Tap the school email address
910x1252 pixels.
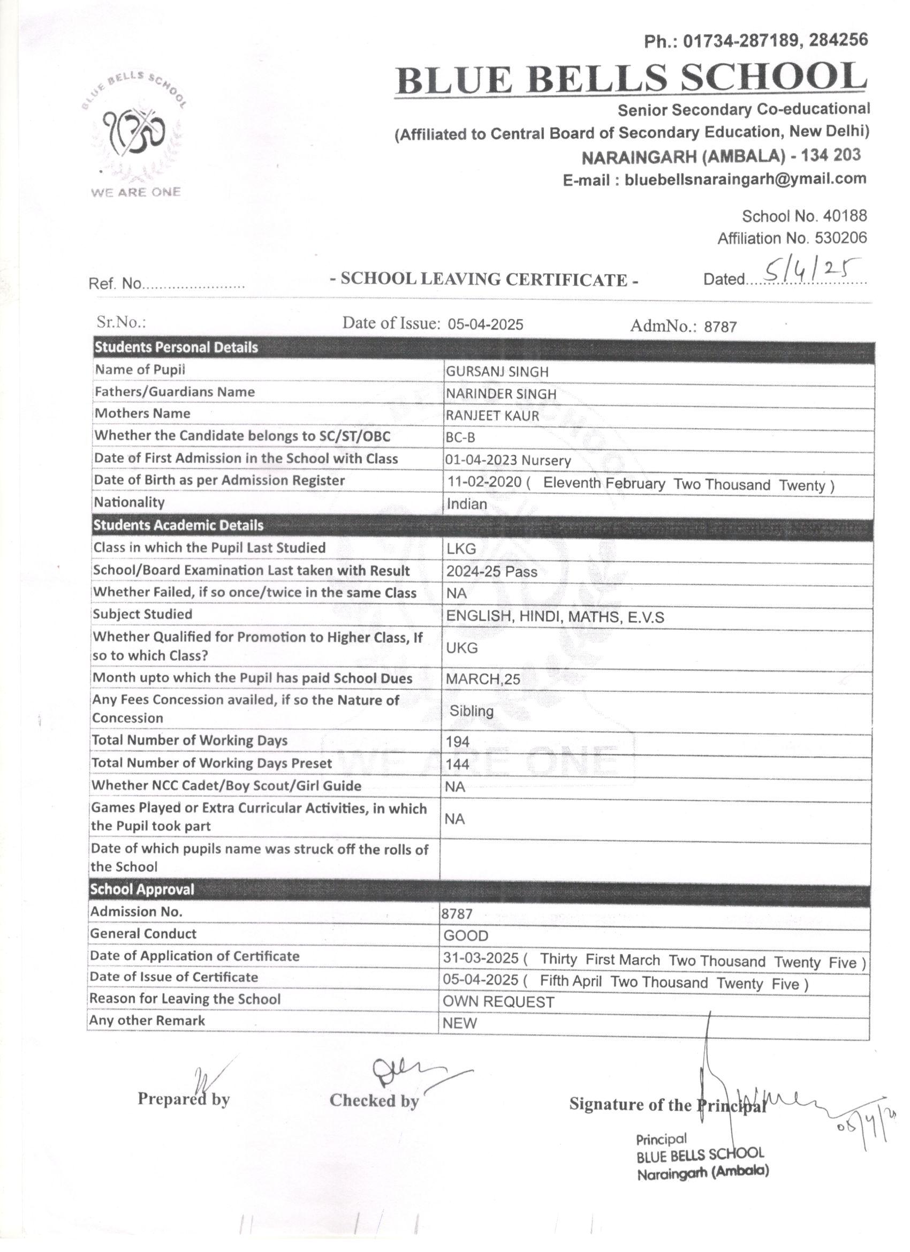[x=714, y=179]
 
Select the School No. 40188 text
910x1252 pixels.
[x=804, y=216]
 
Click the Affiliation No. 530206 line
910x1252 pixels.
[x=792, y=238]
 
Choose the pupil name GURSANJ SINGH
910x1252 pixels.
[x=497, y=372]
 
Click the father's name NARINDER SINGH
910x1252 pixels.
[x=501, y=394]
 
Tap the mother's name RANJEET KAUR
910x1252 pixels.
[x=492, y=416]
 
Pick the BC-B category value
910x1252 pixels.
[x=460, y=438]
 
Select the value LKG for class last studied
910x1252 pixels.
[x=461, y=549]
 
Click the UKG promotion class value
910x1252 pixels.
[x=462, y=647]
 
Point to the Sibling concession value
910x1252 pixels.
[x=471, y=711]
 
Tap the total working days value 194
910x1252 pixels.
[x=458, y=742]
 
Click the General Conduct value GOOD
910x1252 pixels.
[x=466, y=936]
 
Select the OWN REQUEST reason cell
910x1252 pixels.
[x=498, y=1002]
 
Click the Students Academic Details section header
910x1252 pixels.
[x=178, y=525]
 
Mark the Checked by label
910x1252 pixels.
[x=374, y=1100]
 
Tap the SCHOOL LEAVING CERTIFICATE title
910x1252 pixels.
[x=484, y=280]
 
